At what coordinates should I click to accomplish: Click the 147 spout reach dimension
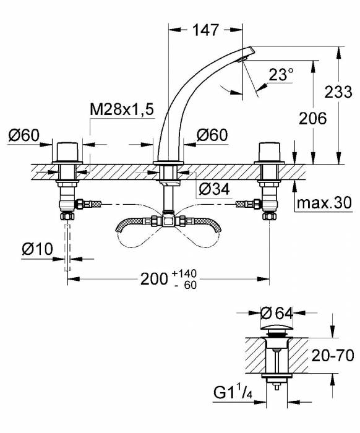click(206, 30)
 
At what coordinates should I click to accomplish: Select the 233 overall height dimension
click(338, 92)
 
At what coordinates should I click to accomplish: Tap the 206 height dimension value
click(313, 119)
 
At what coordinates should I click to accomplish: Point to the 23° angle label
click(281, 74)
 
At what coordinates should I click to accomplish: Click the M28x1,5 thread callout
click(121, 109)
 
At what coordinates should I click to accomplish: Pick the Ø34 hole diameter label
click(214, 189)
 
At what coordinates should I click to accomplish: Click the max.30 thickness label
click(324, 203)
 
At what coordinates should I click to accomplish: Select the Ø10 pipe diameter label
click(37, 249)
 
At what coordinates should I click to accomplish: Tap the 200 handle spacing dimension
click(154, 279)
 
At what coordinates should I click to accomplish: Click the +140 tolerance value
click(184, 273)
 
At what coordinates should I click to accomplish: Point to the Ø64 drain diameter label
click(276, 313)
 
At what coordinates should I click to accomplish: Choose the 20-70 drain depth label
click(332, 356)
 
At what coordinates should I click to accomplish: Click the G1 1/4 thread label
click(233, 392)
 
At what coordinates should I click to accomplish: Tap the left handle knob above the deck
click(67, 152)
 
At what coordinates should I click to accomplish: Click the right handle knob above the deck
click(269, 152)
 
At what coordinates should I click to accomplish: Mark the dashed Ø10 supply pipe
click(67, 248)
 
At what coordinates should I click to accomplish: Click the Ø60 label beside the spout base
click(212, 135)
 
